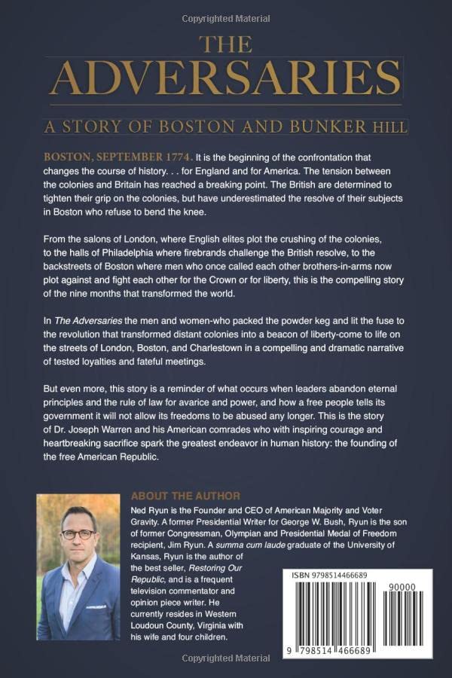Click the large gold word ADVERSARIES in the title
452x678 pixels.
[x=225, y=76]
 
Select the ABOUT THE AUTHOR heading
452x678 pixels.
[x=185, y=496]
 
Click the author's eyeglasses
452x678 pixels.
[x=78, y=534]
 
